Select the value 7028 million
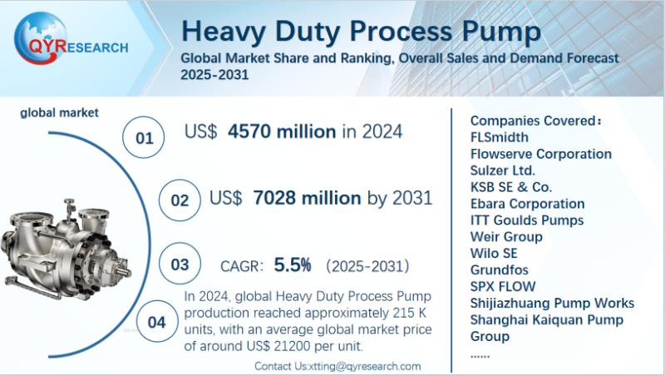click(x=306, y=198)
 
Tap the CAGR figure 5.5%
click(x=293, y=265)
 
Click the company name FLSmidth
click(x=499, y=137)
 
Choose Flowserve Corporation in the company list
click(x=540, y=154)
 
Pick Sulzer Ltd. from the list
click(x=503, y=171)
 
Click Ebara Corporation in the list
click(x=527, y=204)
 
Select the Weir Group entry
click(x=505, y=237)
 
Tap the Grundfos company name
click(x=499, y=270)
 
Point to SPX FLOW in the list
click(x=503, y=287)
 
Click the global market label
click(x=59, y=112)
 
